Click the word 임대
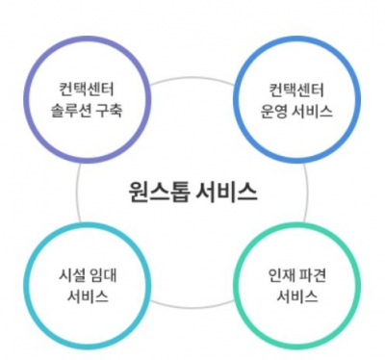click(x=103, y=273)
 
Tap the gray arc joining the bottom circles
click(x=192, y=305)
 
